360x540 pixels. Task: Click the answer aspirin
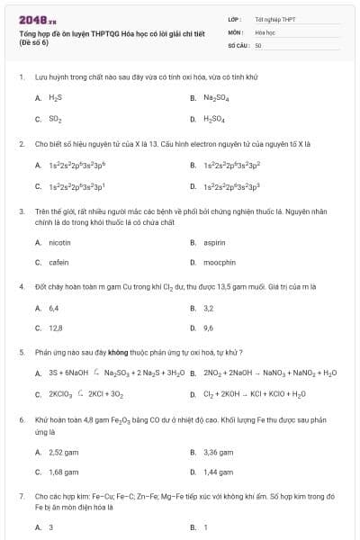point(213,242)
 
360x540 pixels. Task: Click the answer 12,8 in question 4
point(55,328)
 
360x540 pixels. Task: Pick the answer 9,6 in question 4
point(208,328)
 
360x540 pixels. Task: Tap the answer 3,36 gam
point(219,452)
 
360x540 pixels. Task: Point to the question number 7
point(21,495)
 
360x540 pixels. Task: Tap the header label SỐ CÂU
point(238,43)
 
